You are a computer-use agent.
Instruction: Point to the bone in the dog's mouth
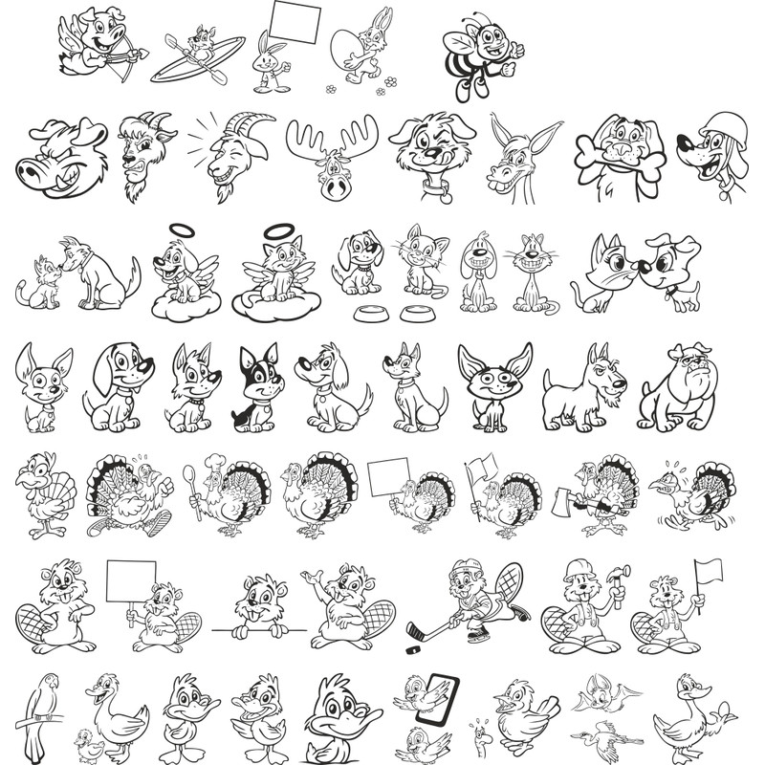(616, 152)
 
